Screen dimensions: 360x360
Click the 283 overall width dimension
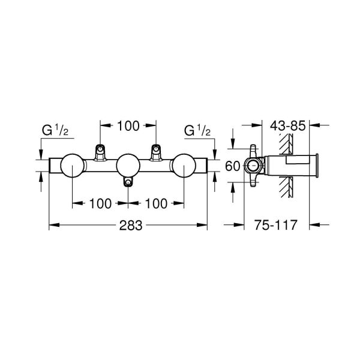[x=127, y=226]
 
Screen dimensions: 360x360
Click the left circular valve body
[x=71, y=166]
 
